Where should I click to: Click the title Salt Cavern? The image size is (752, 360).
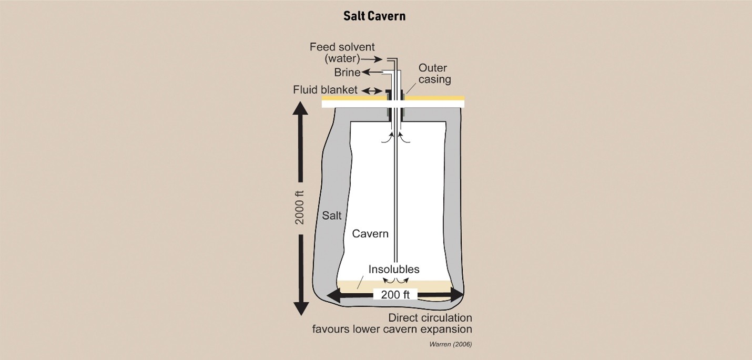(x=374, y=16)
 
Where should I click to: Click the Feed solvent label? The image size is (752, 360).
(x=342, y=47)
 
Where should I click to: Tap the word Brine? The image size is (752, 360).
(x=347, y=73)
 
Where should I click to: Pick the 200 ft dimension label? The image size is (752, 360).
(x=395, y=295)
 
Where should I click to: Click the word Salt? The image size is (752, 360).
(x=331, y=215)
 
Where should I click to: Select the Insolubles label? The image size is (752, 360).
(x=394, y=270)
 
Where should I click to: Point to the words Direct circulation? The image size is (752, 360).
(x=430, y=318)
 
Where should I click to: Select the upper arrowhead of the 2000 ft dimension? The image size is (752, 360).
(x=300, y=110)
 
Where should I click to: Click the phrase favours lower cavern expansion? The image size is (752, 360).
(x=392, y=330)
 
